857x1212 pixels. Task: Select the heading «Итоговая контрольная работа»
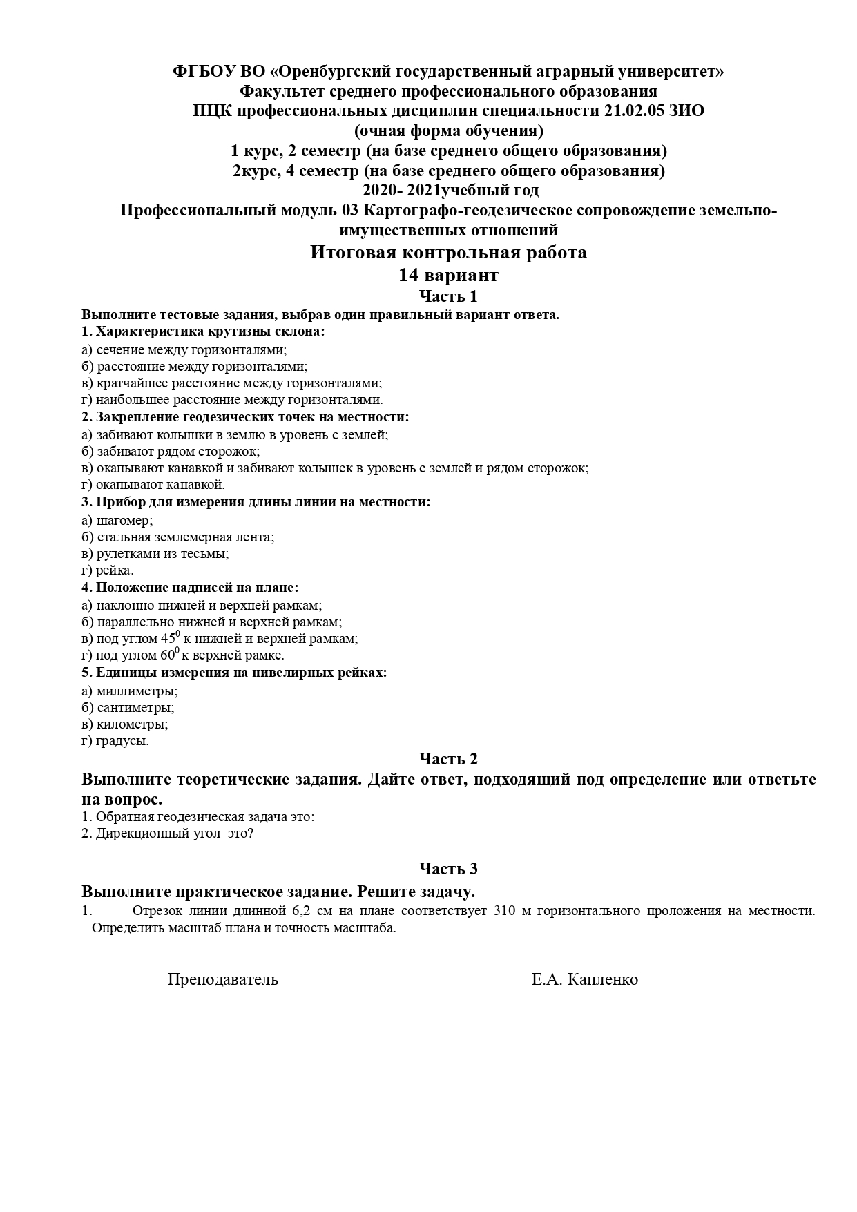coord(448,253)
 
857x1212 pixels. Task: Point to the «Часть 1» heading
coord(448,296)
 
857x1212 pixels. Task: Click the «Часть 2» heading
coord(448,758)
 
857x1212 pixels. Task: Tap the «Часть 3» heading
coord(448,868)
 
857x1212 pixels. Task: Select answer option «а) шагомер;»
coord(117,520)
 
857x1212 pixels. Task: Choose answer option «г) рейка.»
coord(108,570)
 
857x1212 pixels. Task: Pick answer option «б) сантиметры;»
coord(128,708)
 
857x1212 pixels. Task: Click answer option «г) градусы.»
coord(115,741)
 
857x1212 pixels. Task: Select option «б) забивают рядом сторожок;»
coord(171,452)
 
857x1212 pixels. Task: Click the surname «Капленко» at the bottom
coord(602,979)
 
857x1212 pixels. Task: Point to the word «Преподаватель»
coord(223,979)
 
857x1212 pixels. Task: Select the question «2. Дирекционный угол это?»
coord(168,834)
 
